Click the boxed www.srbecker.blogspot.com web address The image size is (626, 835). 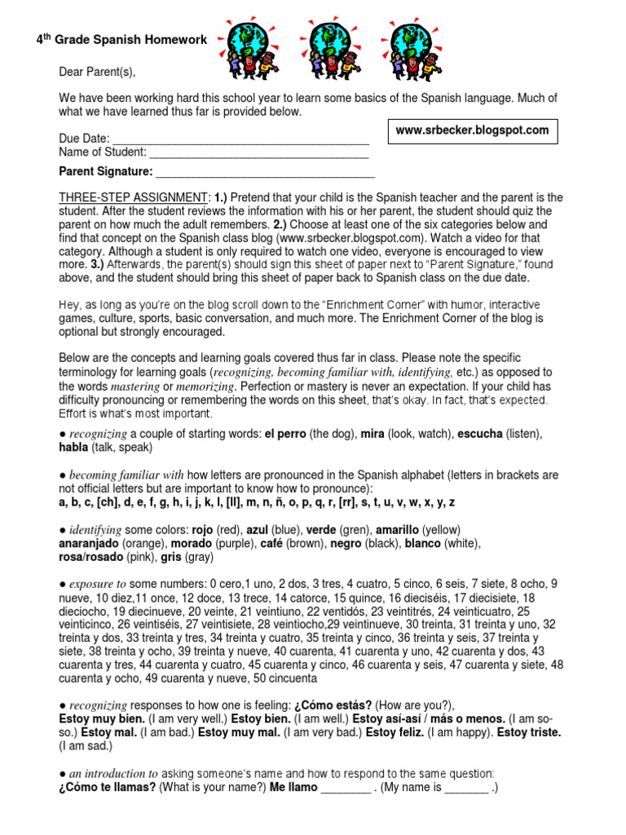[472, 130]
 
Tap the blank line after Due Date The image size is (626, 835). [240, 139]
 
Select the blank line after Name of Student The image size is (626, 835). [259, 152]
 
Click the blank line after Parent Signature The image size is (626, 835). [265, 172]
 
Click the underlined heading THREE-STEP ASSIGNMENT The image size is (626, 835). [134, 198]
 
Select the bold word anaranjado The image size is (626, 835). [89, 543]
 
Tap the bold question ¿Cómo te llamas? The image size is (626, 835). [107, 788]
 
